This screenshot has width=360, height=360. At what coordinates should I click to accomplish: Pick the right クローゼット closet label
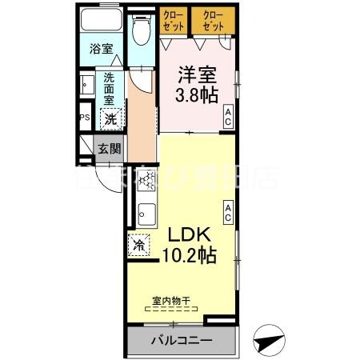click(x=214, y=21)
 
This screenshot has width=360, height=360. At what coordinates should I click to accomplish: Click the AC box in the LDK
click(x=229, y=211)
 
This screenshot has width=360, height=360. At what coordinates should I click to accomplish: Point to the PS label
click(x=84, y=118)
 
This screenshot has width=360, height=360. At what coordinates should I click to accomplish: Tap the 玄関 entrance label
click(x=110, y=148)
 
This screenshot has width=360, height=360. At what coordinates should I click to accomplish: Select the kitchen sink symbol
click(x=145, y=215)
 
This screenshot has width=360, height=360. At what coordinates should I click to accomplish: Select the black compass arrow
click(x=270, y=342)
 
